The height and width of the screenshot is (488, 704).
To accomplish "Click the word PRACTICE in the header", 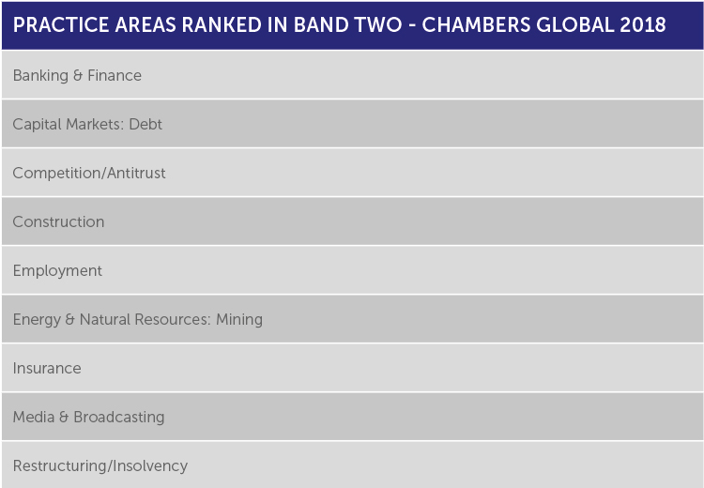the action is (x=61, y=25).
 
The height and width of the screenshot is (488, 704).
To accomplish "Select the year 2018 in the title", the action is (x=643, y=25).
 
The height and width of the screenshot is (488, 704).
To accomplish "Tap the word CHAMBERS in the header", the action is (x=476, y=25).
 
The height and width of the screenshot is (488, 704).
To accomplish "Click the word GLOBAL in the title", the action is (x=575, y=25).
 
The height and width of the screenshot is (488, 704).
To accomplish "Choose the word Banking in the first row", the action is (x=40, y=75).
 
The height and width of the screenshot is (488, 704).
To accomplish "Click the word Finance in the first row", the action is (x=115, y=75).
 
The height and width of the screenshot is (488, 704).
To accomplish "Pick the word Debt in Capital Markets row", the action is (x=145, y=124).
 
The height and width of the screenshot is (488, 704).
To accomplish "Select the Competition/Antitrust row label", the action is (x=89, y=173).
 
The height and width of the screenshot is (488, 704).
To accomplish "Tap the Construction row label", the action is (x=58, y=221).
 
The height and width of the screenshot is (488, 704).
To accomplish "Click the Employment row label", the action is (x=57, y=270).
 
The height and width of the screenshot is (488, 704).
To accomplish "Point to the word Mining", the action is (x=239, y=320).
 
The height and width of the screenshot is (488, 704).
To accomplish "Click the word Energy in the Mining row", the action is (x=37, y=320).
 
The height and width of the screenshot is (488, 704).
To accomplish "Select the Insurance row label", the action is (x=47, y=368).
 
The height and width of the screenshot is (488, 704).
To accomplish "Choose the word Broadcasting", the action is (x=119, y=417).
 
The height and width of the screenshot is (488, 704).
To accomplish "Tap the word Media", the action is (x=34, y=417).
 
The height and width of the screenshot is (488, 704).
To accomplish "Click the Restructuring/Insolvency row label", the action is (x=100, y=466).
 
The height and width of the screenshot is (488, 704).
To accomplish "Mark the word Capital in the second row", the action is (x=37, y=125).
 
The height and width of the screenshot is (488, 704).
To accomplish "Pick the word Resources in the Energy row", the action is (x=173, y=319).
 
